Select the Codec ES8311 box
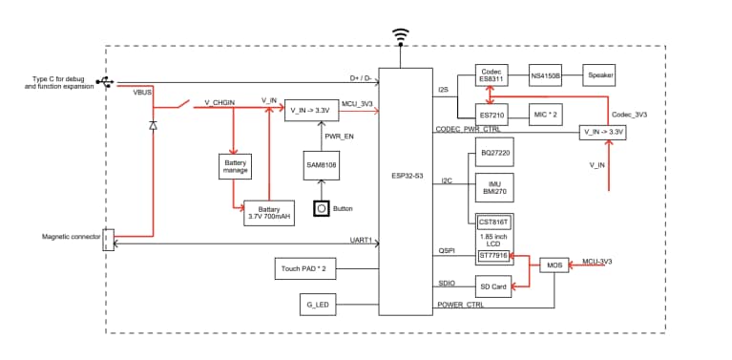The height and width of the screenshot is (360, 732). tap(494, 76)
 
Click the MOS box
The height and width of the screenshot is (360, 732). tap(554, 264)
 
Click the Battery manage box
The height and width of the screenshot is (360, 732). tap(235, 166)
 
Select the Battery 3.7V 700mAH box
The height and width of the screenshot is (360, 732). tap(269, 211)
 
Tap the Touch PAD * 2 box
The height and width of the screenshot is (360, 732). tap(304, 270)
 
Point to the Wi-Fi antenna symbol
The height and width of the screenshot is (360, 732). tap(402, 36)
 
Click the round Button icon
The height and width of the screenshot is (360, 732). tap(322, 207)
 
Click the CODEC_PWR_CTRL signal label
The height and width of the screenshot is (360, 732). tap(468, 129)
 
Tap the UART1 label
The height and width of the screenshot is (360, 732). tap(361, 240)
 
